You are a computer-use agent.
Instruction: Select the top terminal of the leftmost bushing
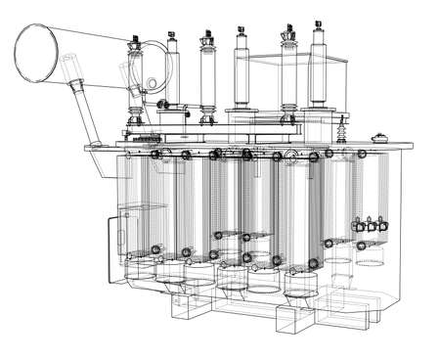[135, 43]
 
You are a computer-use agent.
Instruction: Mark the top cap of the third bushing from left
[206, 39]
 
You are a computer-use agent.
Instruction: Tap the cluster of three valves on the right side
[367, 226]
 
